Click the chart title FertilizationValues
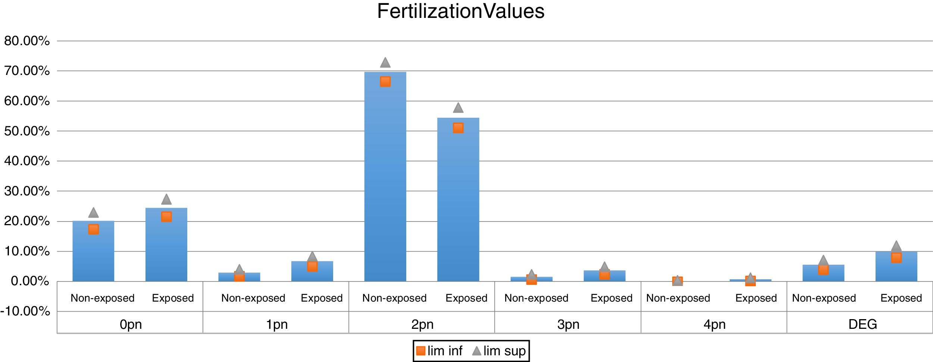(460, 11)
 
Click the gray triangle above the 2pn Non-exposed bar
(385, 63)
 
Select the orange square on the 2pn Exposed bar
(458, 128)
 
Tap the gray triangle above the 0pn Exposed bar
(166, 199)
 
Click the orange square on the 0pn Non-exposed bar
(94, 229)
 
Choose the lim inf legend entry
(439, 351)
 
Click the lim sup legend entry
(499, 351)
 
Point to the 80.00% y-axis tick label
(27, 41)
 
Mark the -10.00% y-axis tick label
(25, 311)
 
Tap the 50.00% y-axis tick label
(27, 131)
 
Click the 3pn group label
(568, 324)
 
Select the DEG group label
(862, 324)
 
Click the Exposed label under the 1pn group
(322, 298)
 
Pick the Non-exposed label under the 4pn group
(678, 298)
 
